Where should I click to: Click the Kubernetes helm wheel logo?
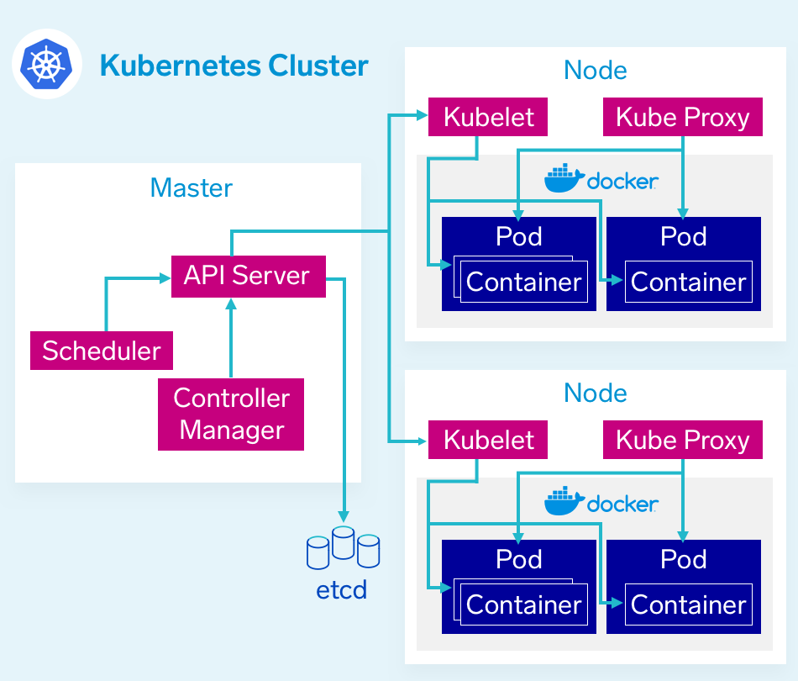coord(47,65)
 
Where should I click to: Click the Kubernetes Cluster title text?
coord(234,66)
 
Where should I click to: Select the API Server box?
coord(248,276)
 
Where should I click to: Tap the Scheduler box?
coord(102,351)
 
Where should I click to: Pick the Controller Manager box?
coord(231,414)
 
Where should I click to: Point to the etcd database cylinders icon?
coord(343,547)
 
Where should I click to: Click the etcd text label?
coord(342,590)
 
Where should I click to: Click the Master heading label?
coord(191,187)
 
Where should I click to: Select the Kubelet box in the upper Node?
coord(488,117)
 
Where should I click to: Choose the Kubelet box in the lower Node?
coord(488,440)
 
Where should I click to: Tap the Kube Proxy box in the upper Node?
coord(682,117)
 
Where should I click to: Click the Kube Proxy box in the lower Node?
coord(682,440)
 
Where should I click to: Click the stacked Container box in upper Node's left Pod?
coord(523,282)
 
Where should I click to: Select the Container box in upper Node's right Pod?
coord(688,282)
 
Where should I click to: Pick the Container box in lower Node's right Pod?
coord(688,605)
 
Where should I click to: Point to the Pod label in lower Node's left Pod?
coord(519,559)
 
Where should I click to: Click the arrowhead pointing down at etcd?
coord(343,515)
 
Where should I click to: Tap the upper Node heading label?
coord(596,71)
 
